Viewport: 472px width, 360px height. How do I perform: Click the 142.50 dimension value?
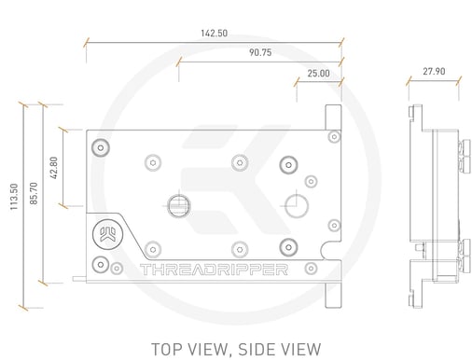214,34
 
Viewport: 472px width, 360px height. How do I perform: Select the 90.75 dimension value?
260,52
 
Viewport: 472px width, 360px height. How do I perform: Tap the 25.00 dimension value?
318,74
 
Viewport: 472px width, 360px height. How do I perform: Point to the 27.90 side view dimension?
434,72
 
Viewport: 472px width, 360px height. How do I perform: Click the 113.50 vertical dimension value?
14,197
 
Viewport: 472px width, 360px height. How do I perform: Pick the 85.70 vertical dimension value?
34,193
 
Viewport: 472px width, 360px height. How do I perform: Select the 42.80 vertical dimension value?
54,168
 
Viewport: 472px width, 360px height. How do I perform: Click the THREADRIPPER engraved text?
214,270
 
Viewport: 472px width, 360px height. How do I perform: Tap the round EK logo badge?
107,235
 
